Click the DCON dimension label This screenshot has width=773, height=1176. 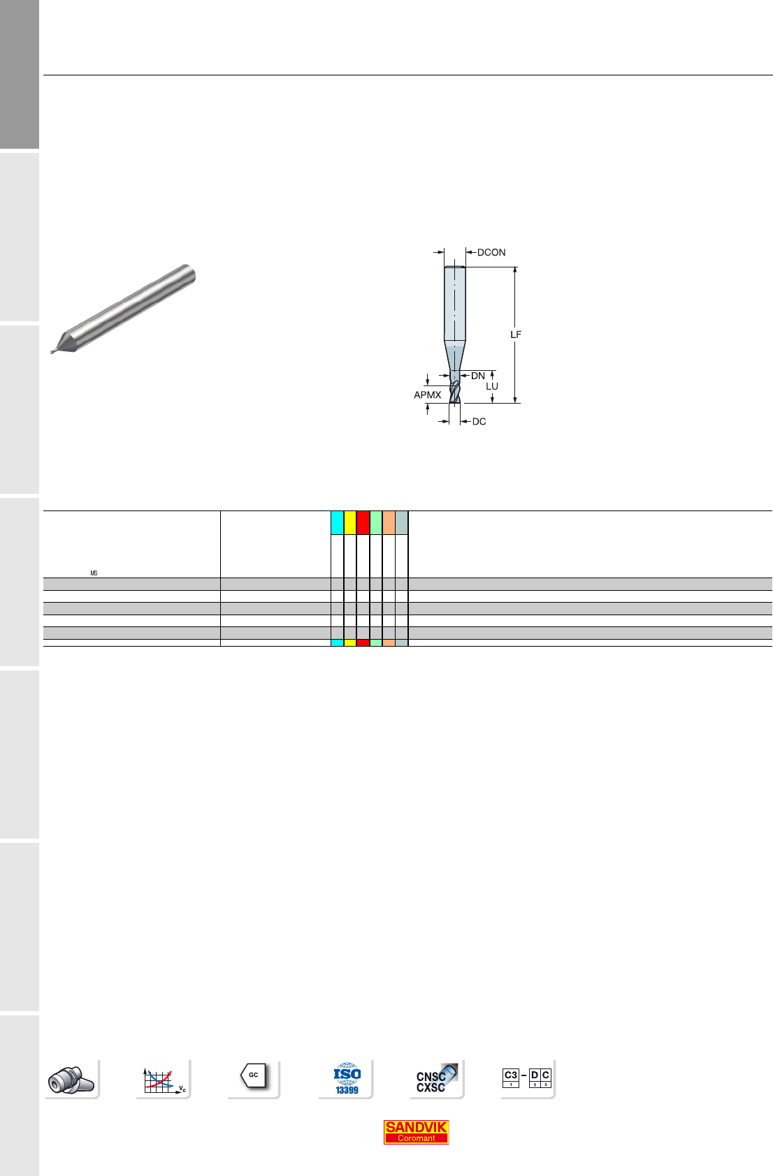491,253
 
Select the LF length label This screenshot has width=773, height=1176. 516,335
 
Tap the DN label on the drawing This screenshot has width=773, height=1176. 477,376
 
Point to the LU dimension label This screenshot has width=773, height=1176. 492,386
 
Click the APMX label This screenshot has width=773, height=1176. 427,395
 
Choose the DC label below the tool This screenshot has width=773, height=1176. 479,422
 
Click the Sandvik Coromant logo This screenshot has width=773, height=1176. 416,1132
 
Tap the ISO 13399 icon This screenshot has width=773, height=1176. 347,1079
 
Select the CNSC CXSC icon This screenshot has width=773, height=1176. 437,1079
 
